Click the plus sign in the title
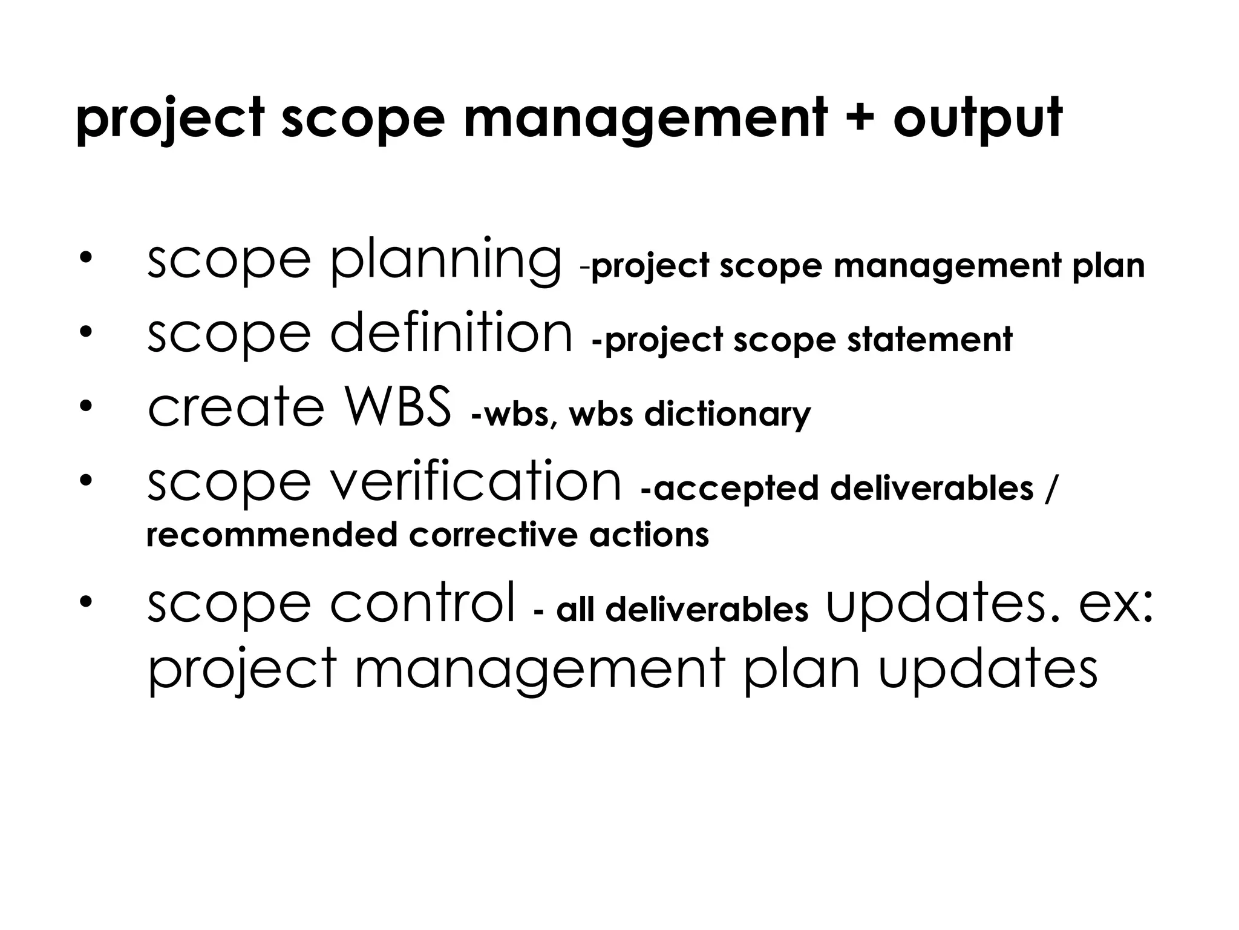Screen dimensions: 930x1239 858,118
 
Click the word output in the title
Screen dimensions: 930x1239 977,120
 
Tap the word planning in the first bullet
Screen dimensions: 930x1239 446,260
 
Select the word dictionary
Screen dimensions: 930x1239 727,415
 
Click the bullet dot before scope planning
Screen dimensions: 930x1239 85,258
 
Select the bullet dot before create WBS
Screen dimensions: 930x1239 85,404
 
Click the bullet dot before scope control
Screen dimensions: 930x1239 85,601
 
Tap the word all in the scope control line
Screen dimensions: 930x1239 575,610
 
